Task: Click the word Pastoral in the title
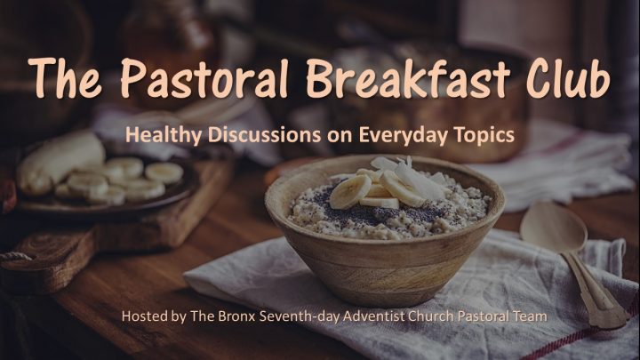tap(204, 78)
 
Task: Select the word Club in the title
tap(569, 78)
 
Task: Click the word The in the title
tap(65, 78)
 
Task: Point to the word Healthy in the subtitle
tap(164, 135)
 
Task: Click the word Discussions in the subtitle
tap(265, 134)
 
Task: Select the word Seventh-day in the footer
tap(300, 316)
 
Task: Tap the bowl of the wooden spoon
tap(553, 227)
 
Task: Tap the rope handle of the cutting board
tap(16, 257)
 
